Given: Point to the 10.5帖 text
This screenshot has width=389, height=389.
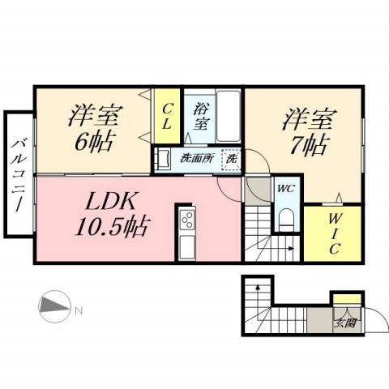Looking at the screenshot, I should pyautogui.click(x=112, y=227).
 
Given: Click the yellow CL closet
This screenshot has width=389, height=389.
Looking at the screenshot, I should pyautogui.click(x=167, y=115).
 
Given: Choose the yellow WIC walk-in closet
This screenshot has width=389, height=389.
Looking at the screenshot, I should pyautogui.click(x=332, y=233).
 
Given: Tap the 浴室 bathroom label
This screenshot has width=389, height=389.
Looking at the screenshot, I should pyautogui.click(x=199, y=116).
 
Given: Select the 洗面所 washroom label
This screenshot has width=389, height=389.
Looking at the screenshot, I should pyautogui.click(x=196, y=158).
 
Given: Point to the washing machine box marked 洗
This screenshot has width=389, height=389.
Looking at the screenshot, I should pyautogui.click(x=231, y=159).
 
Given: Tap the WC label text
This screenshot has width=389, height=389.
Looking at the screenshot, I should pyautogui.click(x=285, y=189).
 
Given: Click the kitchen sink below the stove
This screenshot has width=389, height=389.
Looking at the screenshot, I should pyautogui.click(x=187, y=246).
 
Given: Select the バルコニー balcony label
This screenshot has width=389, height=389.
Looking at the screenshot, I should pyautogui.click(x=17, y=173).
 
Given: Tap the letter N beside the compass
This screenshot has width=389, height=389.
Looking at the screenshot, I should pyautogui.click(x=78, y=310).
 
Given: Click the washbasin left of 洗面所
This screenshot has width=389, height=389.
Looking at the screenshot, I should pyautogui.click(x=163, y=158).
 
